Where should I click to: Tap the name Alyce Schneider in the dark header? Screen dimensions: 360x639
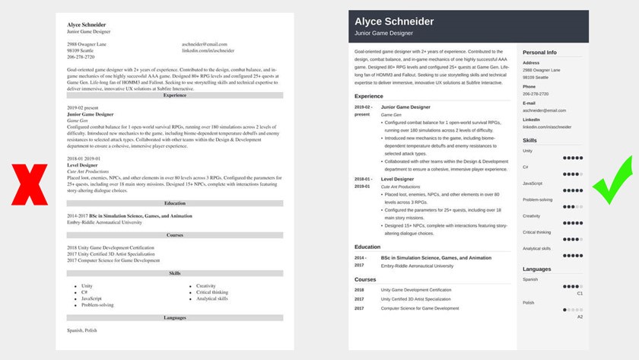[395, 21]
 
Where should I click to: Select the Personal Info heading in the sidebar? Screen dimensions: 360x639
[540, 52]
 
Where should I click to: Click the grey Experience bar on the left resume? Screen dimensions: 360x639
[175, 95]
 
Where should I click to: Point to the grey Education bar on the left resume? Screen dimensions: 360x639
[175, 203]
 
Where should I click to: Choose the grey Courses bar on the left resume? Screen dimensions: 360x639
[175, 235]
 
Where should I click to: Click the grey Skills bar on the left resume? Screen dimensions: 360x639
[175, 272]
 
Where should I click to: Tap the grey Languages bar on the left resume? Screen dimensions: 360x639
[175, 317]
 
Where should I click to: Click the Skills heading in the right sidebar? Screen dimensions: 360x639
[530, 141]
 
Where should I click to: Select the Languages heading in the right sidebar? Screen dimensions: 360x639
[537, 269]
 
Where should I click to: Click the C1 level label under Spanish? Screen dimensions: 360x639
[580, 292]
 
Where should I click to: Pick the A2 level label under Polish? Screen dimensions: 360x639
[580, 317]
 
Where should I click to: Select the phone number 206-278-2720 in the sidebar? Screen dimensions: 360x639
[537, 94]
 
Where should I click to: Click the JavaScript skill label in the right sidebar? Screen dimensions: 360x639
[532, 183]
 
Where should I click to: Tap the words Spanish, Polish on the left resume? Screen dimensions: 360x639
[82, 330]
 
